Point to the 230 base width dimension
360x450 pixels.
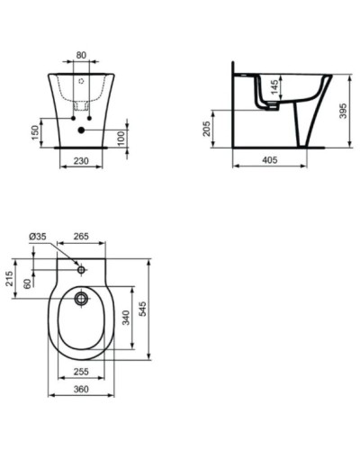82,161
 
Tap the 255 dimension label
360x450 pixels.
80,370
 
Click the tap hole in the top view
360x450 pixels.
81,268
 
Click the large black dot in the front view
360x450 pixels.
82,131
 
